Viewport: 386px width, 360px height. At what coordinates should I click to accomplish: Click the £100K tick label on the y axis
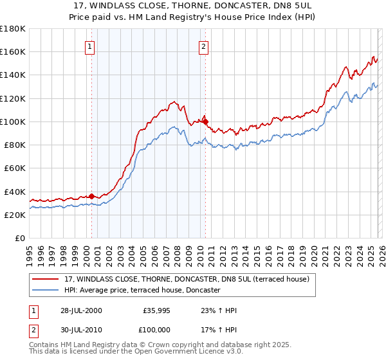coord(13,122)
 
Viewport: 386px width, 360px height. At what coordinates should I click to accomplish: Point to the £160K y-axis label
coord(13,52)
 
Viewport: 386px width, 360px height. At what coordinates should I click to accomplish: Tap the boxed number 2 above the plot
coord(203,46)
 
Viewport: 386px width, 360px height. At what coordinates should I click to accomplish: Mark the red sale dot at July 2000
coord(92,196)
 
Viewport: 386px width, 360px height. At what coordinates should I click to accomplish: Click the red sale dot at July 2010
coord(205,122)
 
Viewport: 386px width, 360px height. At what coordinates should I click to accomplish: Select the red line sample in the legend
coord(46,279)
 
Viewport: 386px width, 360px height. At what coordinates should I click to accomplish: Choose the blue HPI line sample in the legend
coord(46,290)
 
